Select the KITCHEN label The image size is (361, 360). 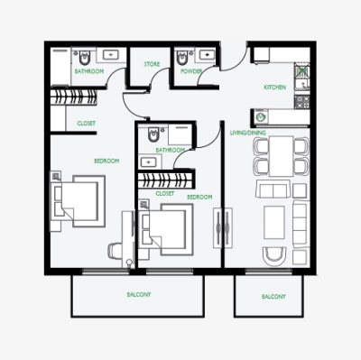click(275, 88)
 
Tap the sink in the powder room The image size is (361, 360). click(208, 53)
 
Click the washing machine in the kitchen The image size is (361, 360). click(262, 116)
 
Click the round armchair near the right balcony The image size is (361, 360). click(273, 258)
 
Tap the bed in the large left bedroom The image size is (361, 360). click(78, 199)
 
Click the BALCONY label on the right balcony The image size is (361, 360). click(273, 297)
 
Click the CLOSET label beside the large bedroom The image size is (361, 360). click(87, 123)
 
